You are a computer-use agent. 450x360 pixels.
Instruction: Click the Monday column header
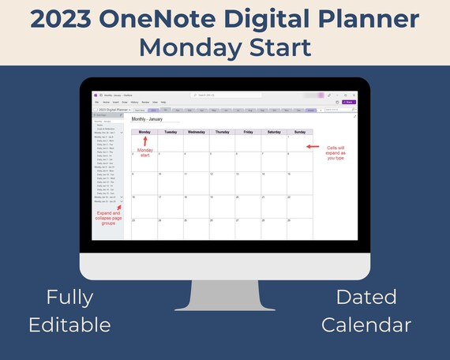click(144, 132)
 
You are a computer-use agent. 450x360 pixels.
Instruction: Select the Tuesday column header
click(171, 132)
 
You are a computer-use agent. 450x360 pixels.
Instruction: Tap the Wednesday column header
click(197, 132)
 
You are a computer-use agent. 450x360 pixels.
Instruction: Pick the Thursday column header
click(223, 132)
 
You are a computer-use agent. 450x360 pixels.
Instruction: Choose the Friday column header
click(249, 132)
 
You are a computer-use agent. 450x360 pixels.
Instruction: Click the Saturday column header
click(274, 132)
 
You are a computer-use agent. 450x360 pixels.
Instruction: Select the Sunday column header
click(300, 132)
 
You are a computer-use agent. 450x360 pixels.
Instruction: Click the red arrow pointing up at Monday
click(145, 141)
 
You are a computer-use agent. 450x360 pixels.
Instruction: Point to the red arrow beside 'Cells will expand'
click(313, 147)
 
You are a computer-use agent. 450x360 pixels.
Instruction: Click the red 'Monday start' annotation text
click(145, 152)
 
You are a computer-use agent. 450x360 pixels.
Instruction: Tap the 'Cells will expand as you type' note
click(336, 152)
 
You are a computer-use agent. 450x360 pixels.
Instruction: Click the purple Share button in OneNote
click(349, 102)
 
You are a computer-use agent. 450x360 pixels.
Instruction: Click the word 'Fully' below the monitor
click(69, 298)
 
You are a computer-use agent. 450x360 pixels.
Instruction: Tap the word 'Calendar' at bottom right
click(377, 324)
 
